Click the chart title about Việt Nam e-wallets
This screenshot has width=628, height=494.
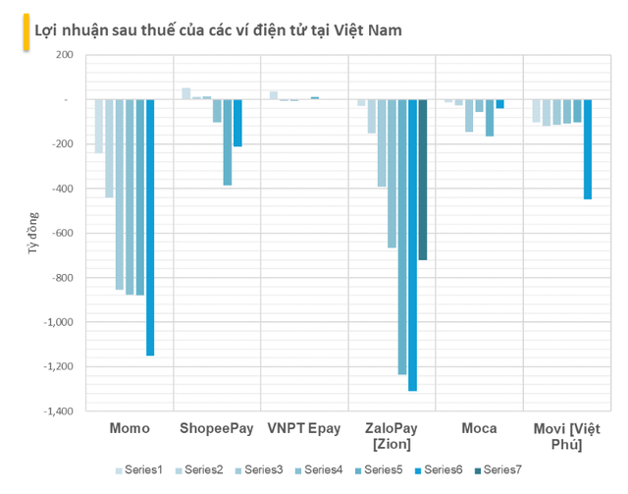tap(218, 30)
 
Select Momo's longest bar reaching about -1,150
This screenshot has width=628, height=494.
tap(150, 226)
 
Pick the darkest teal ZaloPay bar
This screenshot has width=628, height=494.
tap(423, 180)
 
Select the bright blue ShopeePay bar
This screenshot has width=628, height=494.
tap(237, 123)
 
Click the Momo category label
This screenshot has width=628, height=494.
tap(129, 428)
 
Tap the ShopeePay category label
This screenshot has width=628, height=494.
tap(216, 428)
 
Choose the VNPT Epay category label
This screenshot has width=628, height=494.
tap(304, 428)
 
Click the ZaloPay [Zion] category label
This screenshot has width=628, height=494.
tap(392, 436)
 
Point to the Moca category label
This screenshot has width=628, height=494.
tap(479, 428)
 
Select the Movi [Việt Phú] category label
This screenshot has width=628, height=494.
tap(566, 436)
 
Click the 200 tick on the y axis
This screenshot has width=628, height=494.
tap(62, 55)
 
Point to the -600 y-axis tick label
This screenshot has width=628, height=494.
tap(58, 234)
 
